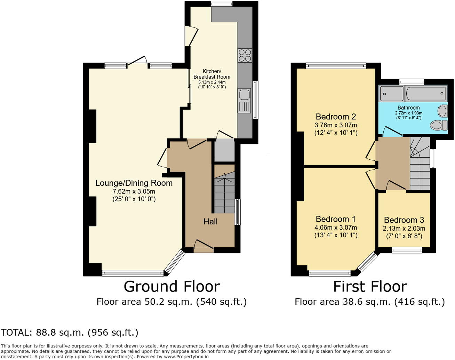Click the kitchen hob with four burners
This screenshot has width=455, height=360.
(245, 55)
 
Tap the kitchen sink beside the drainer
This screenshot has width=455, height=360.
(244, 94)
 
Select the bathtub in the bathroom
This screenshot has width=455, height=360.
(426, 93)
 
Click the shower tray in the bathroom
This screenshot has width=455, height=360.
(392, 94)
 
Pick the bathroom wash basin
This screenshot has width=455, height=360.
(442, 111)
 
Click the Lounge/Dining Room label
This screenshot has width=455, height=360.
(134, 183)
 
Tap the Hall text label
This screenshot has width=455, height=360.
(210, 222)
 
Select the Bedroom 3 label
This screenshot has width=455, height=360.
(404, 220)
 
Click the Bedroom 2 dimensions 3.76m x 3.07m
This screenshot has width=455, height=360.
(336, 125)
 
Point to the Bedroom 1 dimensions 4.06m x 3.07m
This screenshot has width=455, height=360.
(336, 228)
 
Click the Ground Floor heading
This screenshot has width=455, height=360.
(172, 287)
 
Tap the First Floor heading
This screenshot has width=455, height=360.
(370, 287)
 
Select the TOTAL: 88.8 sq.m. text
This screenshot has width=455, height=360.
(70, 333)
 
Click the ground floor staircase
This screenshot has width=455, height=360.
(224, 193)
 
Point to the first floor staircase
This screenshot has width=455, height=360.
(420, 163)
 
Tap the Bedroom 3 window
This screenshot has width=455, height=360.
(407, 250)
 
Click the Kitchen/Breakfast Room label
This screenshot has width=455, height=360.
(212, 74)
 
